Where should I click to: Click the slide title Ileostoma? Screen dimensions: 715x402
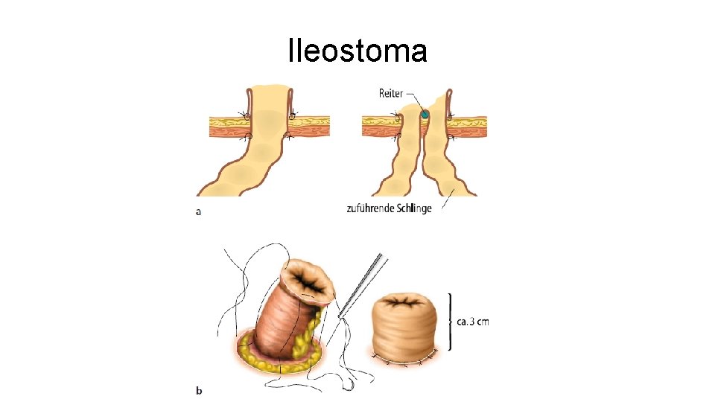tap(357, 51)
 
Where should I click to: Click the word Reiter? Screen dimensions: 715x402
tap(390, 94)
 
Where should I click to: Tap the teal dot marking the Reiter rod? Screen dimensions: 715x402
tap(425, 115)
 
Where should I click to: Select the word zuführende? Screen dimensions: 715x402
tap(371, 208)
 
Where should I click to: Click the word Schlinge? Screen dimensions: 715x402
tap(414, 208)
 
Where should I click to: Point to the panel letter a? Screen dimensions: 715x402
tap(198, 211)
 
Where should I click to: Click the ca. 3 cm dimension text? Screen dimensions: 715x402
tap(474, 322)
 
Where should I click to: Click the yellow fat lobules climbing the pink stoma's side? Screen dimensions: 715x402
tap(313, 328)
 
